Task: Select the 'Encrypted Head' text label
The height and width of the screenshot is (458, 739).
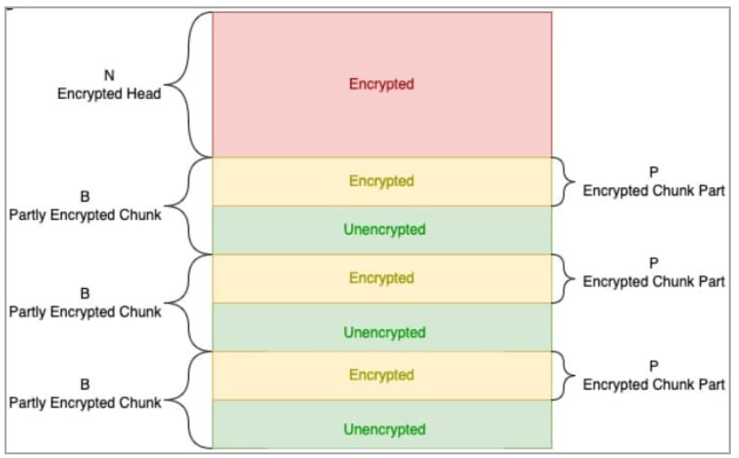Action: coord(109,93)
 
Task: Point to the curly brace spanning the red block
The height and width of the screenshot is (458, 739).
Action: coord(186,84)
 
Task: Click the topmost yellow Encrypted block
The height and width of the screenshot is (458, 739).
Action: coord(381,181)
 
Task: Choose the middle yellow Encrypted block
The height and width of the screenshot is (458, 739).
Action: coord(381,278)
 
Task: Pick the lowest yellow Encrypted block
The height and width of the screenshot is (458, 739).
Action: coord(381,375)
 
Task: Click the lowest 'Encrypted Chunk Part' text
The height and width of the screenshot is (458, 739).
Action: coord(654,384)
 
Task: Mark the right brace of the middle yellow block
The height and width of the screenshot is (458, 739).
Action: coord(565,278)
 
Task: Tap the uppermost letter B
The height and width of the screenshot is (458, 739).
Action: coord(85,196)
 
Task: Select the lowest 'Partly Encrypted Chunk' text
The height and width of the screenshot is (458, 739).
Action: coord(85,402)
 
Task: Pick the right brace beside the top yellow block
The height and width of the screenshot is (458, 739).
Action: coord(565,181)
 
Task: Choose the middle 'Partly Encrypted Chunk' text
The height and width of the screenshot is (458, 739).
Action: coord(85,312)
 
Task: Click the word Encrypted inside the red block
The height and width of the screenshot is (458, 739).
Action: coord(381,84)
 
